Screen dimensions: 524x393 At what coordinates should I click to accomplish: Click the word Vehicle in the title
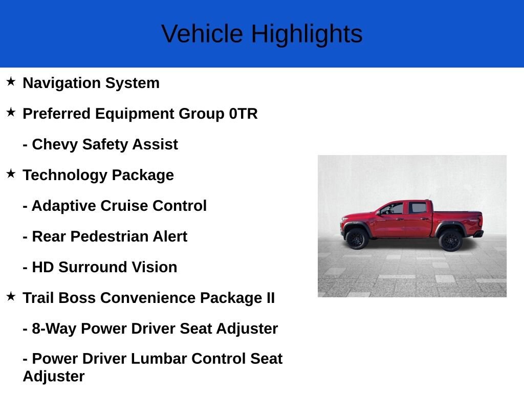click(202, 34)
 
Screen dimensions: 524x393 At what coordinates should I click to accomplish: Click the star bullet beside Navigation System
click(11, 81)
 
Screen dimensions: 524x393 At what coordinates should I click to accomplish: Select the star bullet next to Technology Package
click(11, 173)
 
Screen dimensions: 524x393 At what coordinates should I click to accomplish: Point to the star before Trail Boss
click(11, 296)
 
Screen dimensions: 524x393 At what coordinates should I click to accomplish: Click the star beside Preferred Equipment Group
click(11, 112)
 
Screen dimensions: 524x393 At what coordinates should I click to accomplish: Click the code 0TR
click(243, 114)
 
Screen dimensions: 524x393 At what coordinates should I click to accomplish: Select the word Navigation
click(62, 83)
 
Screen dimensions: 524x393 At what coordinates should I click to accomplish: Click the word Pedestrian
click(110, 236)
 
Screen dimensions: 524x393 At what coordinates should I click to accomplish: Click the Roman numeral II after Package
click(270, 298)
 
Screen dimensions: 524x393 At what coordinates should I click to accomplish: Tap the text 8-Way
click(54, 329)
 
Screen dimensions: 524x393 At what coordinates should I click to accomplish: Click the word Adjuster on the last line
click(54, 377)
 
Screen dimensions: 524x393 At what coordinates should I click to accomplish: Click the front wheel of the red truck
click(357, 238)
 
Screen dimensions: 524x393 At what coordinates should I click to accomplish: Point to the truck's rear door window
click(418, 208)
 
